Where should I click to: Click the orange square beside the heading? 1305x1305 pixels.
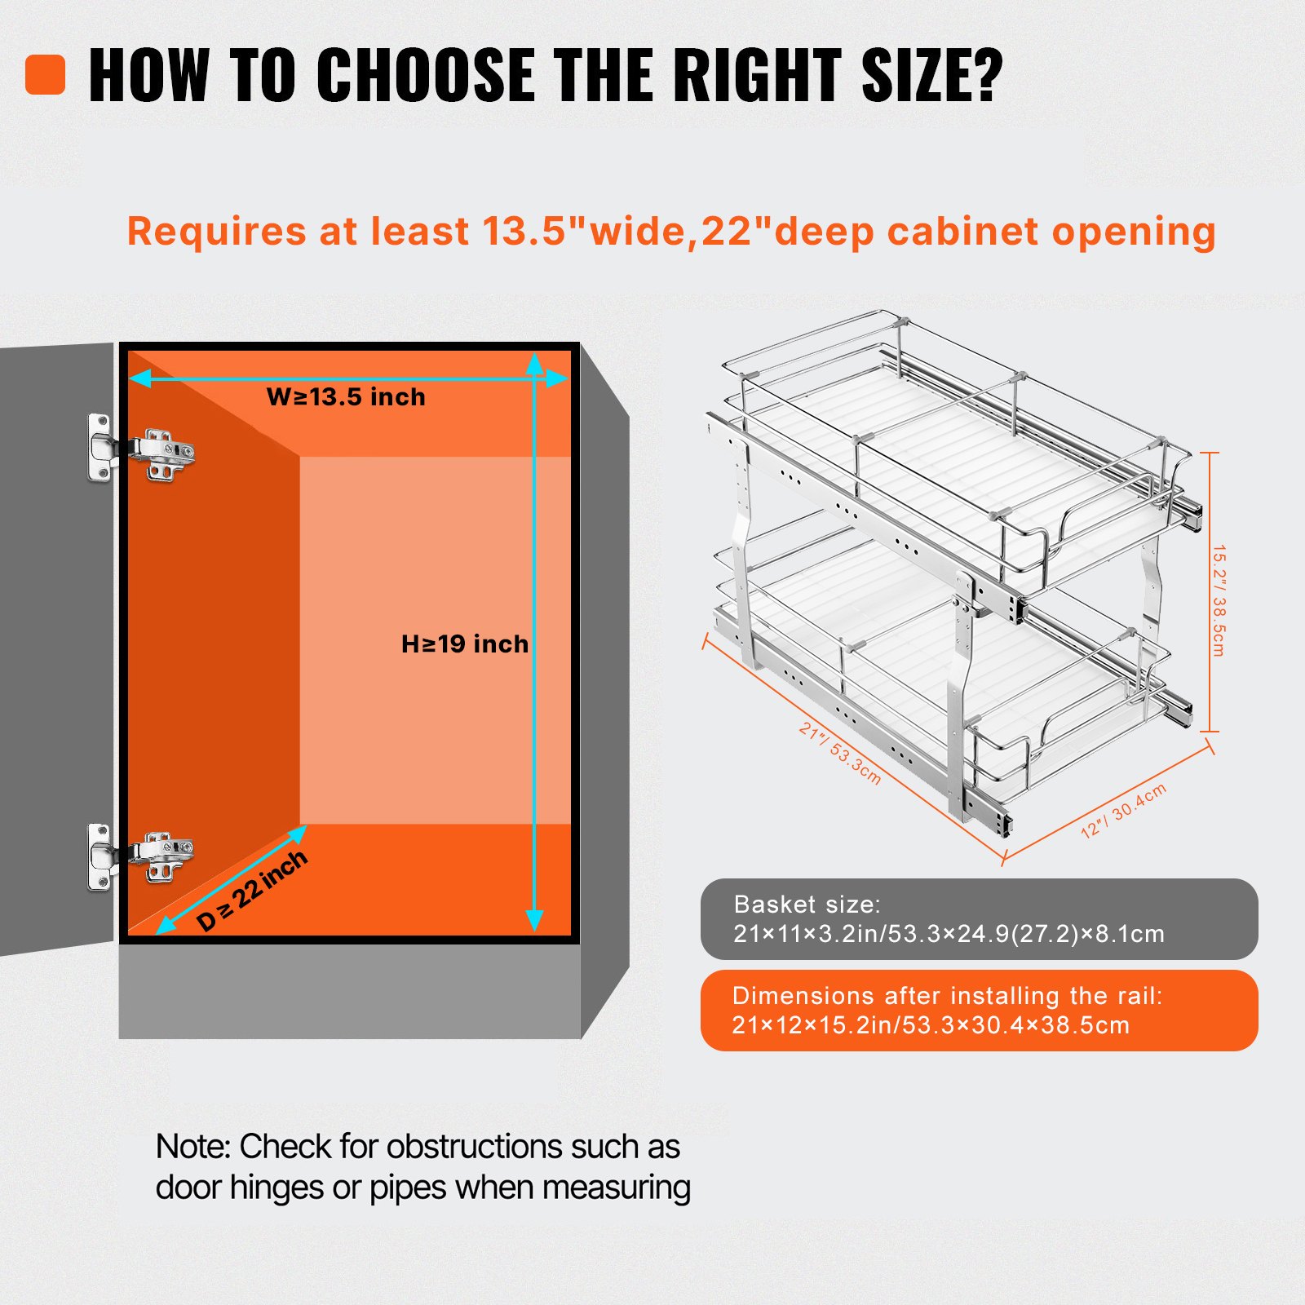click(x=46, y=75)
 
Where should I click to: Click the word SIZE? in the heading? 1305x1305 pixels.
click(x=931, y=75)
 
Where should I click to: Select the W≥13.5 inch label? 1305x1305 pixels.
click(x=346, y=397)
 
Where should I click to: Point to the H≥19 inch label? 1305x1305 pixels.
click(x=465, y=644)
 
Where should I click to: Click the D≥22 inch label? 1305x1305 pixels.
click(x=252, y=890)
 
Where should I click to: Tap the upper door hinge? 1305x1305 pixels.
click(x=141, y=448)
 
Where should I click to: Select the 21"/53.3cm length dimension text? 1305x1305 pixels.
click(x=840, y=753)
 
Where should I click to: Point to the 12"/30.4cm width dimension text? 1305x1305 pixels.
click(x=1123, y=810)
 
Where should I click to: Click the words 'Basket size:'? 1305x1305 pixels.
click(x=807, y=904)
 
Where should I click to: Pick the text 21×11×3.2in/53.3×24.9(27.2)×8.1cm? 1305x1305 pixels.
click(x=949, y=934)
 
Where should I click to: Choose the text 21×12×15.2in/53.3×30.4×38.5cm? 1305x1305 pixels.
click(x=931, y=1025)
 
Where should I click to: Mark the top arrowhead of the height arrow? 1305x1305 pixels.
click(x=535, y=363)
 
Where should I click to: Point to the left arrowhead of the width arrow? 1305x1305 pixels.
click(x=140, y=378)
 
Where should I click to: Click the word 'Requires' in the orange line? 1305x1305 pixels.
click(x=216, y=232)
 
